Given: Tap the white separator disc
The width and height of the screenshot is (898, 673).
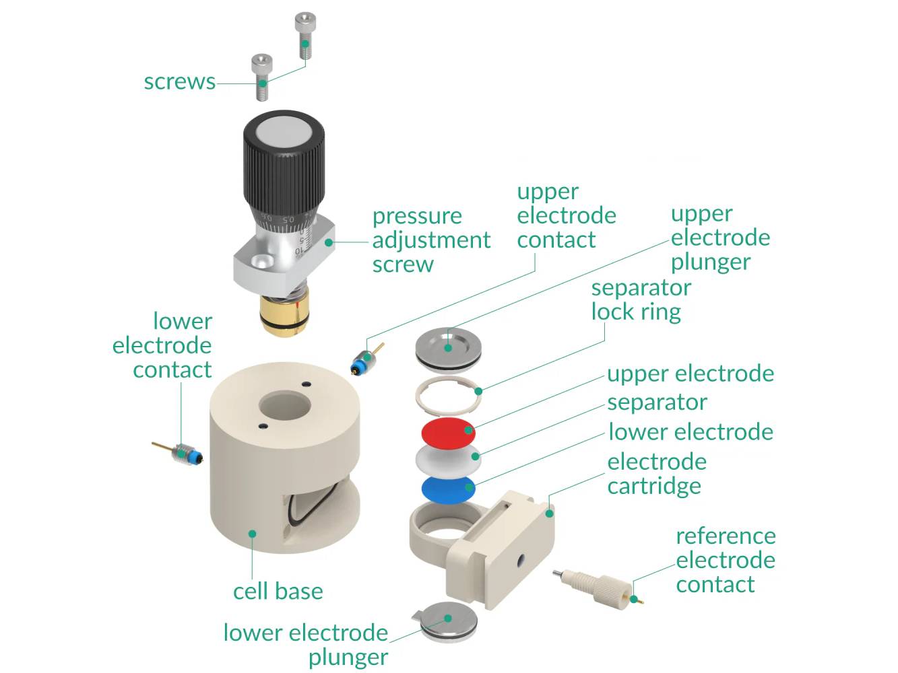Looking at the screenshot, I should click(x=447, y=459).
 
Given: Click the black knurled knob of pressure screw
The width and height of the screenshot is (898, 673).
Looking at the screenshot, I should click(x=284, y=168).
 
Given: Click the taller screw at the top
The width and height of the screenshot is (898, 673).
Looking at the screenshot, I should click(x=304, y=37).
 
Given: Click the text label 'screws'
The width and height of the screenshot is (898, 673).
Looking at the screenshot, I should click(x=179, y=82).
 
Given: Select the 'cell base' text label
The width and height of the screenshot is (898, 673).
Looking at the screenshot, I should click(x=278, y=592).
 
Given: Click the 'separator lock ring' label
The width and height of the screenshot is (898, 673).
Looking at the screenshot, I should click(x=640, y=299).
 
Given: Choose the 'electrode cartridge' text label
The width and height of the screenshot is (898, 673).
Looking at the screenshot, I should click(x=656, y=474).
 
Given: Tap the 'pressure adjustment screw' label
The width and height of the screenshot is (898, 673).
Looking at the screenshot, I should click(x=430, y=240).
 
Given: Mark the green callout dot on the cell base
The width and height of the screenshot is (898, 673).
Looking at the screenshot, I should click(x=252, y=534).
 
